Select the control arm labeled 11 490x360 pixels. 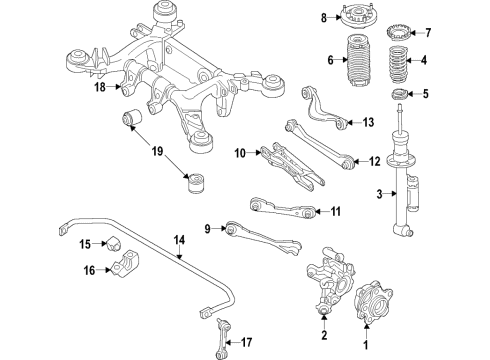click(x=285, y=208)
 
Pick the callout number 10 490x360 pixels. click(x=240, y=153)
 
